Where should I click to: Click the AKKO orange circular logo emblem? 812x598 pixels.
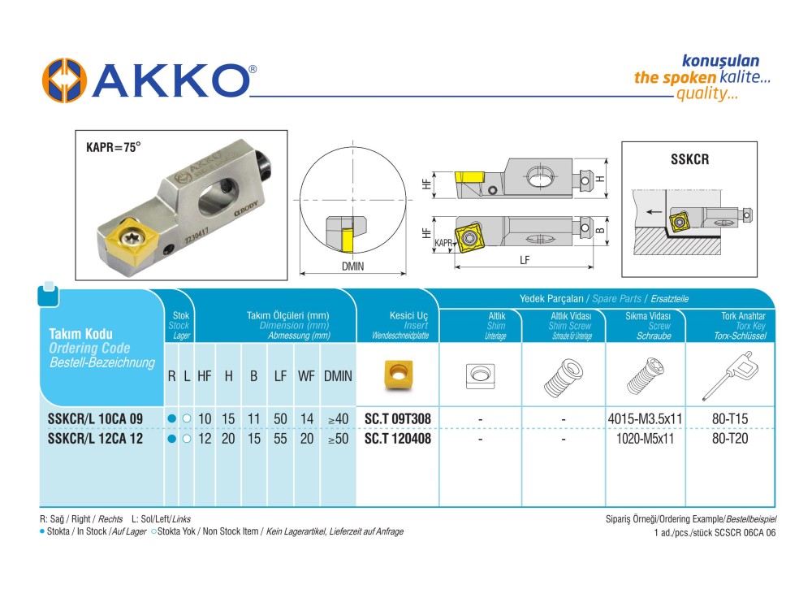pyautogui.click(x=64, y=80)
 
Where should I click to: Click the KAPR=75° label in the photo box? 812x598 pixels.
pyautogui.click(x=114, y=148)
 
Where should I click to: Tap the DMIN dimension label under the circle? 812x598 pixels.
pyautogui.click(x=352, y=266)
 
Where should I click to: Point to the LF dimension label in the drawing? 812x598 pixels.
pyautogui.click(x=525, y=260)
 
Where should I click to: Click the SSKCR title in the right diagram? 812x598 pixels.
pyautogui.click(x=689, y=159)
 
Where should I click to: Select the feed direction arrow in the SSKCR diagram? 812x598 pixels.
pyautogui.click(x=654, y=211)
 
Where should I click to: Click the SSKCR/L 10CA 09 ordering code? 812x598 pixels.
pyautogui.click(x=95, y=418)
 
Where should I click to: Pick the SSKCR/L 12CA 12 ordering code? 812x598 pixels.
pyautogui.click(x=95, y=439)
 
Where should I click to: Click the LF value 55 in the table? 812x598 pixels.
pyautogui.click(x=280, y=439)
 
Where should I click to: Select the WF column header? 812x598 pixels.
pyautogui.click(x=306, y=376)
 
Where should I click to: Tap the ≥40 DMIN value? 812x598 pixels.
pyautogui.click(x=338, y=419)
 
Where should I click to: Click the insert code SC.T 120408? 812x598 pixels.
pyautogui.click(x=398, y=439)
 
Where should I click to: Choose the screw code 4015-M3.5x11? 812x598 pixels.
pyautogui.click(x=646, y=418)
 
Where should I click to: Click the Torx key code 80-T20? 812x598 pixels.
pyautogui.click(x=730, y=439)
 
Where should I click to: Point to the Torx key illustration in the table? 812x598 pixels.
pyautogui.click(x=729, y=375)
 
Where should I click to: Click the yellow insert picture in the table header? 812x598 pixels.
pyautogui.click(x=398, y=374)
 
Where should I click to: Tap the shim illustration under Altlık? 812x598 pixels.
pyautogui.click(x=481, y=375)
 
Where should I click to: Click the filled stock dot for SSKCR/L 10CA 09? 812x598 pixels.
pyautogui.click(x=172, y=418)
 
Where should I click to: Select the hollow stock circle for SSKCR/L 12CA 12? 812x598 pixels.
pyautogui.click(x=187, y=439)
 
